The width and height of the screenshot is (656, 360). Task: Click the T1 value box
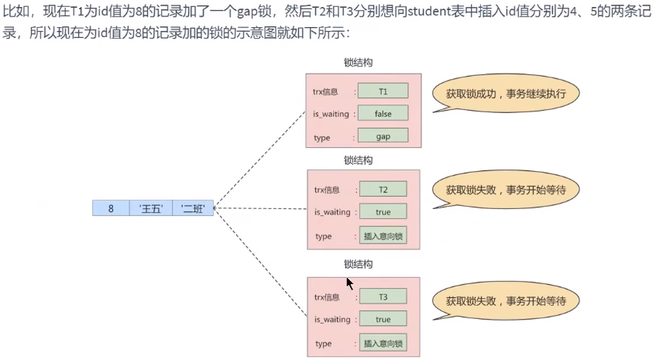click(x=383, y=91)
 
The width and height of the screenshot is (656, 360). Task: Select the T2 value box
click(x=383, y=189)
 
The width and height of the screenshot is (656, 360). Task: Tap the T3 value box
click(x=383, y=297)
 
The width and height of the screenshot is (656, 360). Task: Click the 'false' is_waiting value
click(x=383, y=114)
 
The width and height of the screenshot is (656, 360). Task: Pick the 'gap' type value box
click(x=383, y=136)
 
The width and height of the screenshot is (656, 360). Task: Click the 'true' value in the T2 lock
click(x=383, y=212)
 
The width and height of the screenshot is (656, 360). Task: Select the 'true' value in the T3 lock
click(x=383, y=319)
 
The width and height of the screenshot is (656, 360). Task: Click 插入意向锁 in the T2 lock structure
click(x=383, y=235)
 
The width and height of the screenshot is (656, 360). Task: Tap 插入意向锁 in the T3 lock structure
click(x=383, y=343)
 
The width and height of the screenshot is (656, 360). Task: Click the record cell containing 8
click(x=111, y=207)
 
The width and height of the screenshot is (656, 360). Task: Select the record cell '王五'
click(x=150, y=207)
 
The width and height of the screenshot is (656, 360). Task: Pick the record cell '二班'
click(x=192, y=207)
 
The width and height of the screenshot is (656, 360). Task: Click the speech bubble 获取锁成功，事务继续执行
click(x=506, y=93)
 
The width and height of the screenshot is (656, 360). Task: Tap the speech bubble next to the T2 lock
click(x=506, y=190)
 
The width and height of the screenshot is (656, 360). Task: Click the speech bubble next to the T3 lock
click(x=506, y=300)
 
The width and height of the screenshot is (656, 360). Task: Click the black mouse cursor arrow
click(x=349, y=283)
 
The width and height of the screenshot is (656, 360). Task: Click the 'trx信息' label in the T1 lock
click(x=326, y=91)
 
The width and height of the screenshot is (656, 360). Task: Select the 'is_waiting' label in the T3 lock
click(x=331, y=319)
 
